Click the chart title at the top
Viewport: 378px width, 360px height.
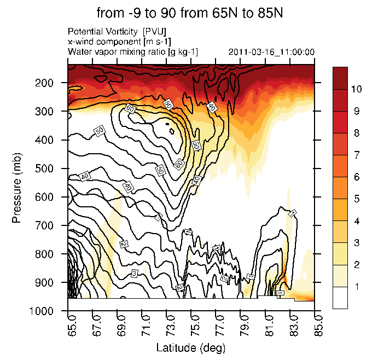189,13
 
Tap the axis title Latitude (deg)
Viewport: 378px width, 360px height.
190,348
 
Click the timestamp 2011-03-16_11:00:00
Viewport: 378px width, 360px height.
271,52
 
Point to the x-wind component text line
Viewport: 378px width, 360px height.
117,42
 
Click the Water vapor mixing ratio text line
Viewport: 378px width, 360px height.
132,52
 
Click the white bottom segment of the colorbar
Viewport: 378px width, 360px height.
340,298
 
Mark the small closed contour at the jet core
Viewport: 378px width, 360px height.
172,131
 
